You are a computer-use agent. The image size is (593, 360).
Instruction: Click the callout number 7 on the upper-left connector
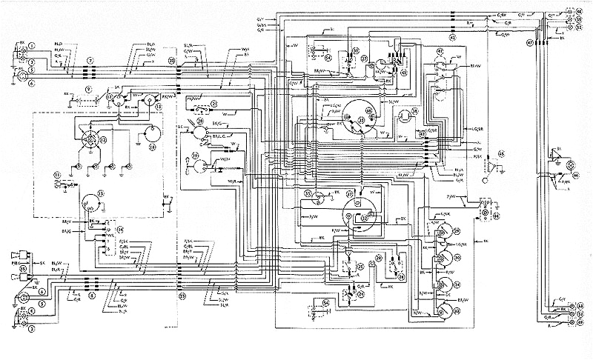point(90,59)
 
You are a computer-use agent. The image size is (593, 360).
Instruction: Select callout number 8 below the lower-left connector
point(90,295)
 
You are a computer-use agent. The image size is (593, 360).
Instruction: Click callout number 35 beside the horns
point(23,268)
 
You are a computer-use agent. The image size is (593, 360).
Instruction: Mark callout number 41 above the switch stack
point(440,50)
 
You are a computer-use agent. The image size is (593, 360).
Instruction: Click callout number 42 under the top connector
point(453,36)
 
